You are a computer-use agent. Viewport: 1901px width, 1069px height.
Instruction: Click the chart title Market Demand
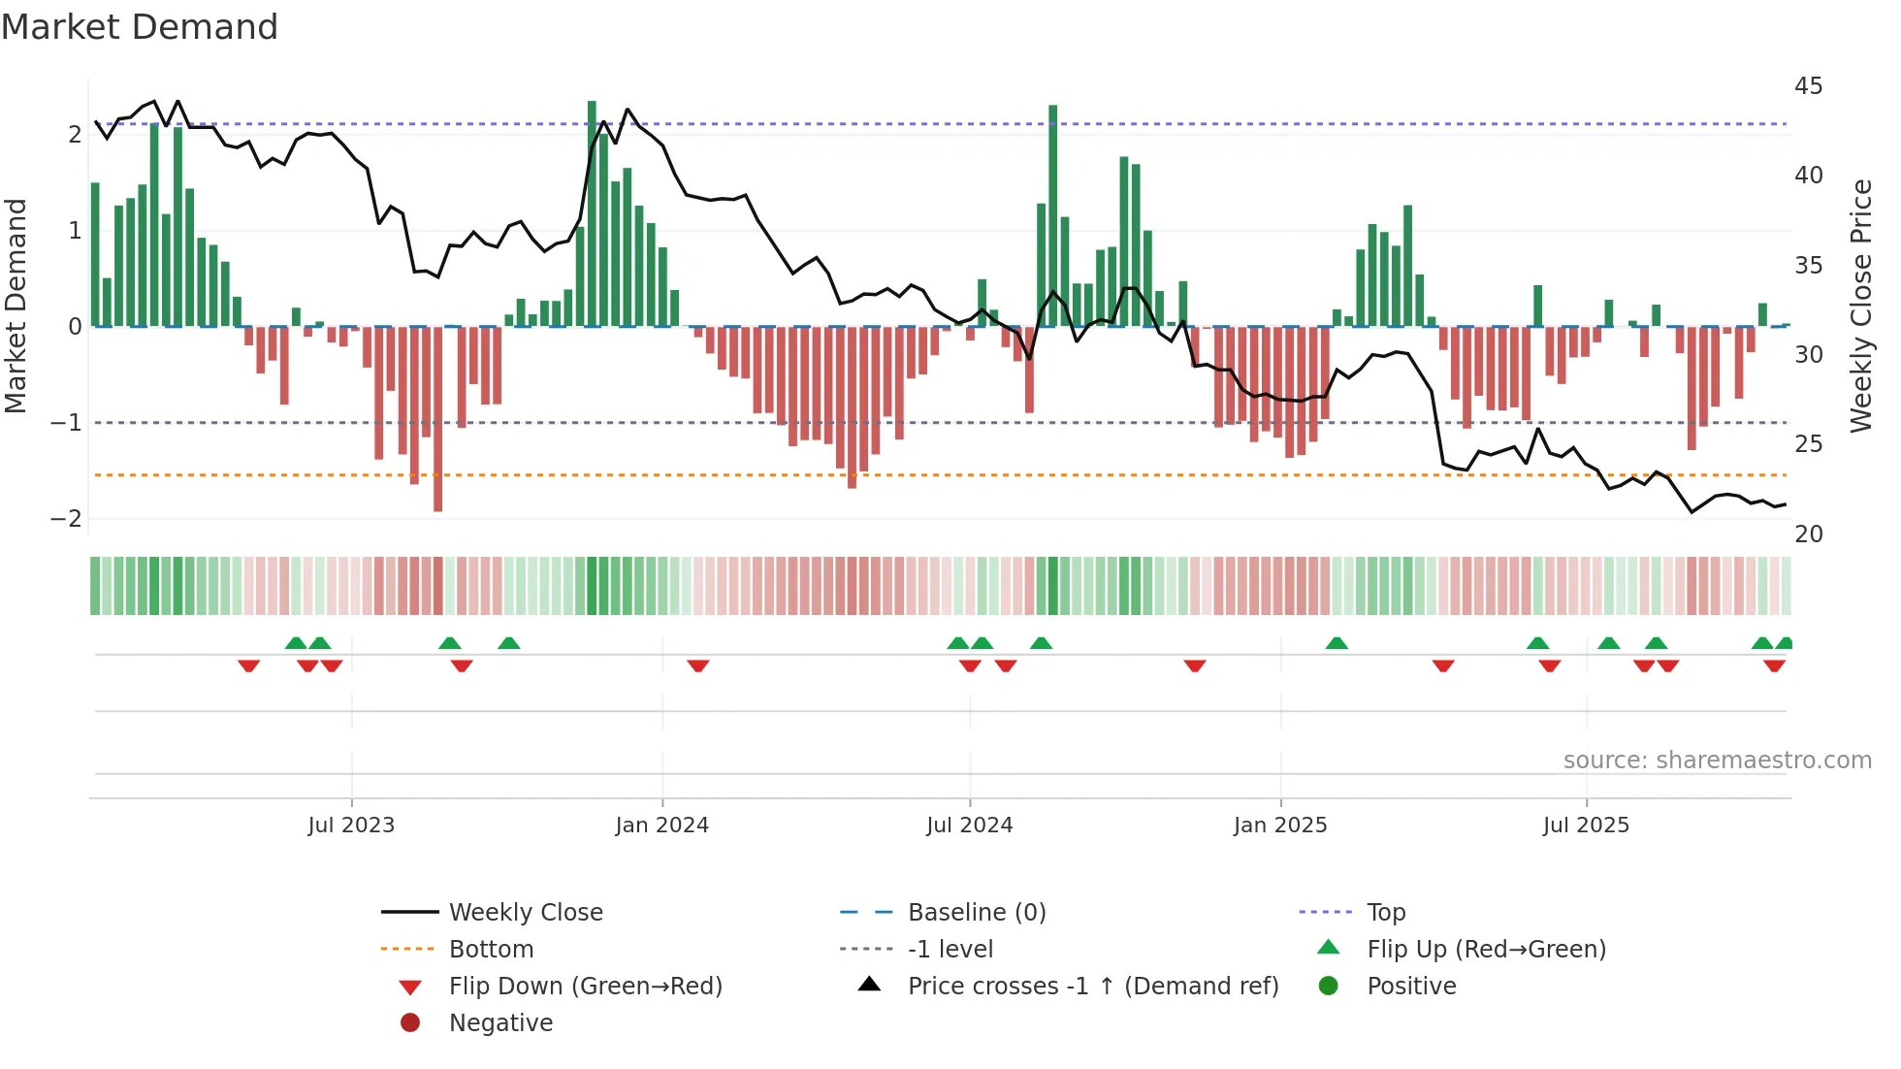tap(140, 27)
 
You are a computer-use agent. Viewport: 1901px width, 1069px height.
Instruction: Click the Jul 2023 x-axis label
tap(351, 826)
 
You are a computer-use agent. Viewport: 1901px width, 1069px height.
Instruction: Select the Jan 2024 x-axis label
tap(662, 826)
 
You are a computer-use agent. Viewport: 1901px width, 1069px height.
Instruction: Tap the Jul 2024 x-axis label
tap(970, 826)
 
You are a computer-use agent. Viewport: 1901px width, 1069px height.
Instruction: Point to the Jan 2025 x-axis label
tap(1280, 826)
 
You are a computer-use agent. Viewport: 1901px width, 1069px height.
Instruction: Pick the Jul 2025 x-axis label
tap(1587, 826)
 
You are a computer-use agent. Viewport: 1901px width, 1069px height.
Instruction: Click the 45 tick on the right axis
tap(1808, 86)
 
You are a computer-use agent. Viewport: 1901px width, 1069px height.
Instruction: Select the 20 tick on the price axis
tap(1808, 534)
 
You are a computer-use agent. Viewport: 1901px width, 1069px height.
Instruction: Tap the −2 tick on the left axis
tap(66, 519)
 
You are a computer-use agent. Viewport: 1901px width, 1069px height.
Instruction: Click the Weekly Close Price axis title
tap(1860, 306)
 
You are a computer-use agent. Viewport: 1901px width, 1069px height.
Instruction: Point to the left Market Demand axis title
tap(16, 306)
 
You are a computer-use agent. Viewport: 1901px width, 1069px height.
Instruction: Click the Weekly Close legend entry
tap(525, 913)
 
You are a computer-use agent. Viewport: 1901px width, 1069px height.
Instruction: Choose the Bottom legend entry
tap(491, 950)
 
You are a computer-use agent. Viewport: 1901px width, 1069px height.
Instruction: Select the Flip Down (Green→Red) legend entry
tap(585, 987)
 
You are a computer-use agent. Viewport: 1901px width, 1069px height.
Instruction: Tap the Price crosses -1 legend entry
tap(1092, 987)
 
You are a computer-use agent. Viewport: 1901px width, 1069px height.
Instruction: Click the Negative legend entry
tap(500, 1023)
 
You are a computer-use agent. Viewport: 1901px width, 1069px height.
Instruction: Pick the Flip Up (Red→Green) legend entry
tap(1486, 950)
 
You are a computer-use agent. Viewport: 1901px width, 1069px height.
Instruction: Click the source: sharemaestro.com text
tap(1717, 761)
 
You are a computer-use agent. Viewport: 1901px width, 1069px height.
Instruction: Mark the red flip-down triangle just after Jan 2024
tap(698, 665)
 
